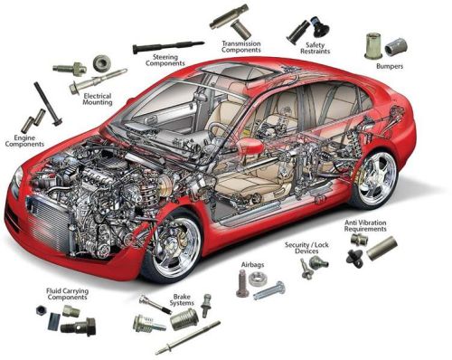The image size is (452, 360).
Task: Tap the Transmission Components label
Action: [x=243, y=47]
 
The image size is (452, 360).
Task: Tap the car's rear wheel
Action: [x=374, y=176]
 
